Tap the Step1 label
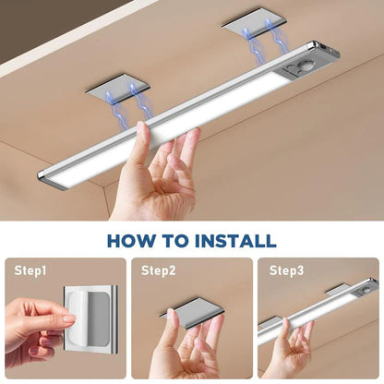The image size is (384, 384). (x=30, y=271)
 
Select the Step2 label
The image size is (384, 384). (x=158, y=271)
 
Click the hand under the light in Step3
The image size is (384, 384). (x=294, y=351)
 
